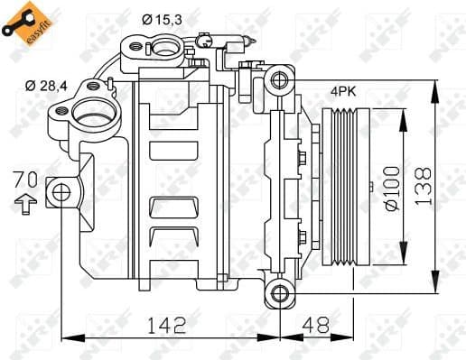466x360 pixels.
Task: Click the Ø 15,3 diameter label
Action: [x=162, y=18]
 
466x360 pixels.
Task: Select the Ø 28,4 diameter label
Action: [x=46, y=86]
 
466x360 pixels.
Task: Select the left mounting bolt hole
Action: [x=61, y=191]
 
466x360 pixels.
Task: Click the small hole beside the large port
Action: [x=62, y=113]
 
